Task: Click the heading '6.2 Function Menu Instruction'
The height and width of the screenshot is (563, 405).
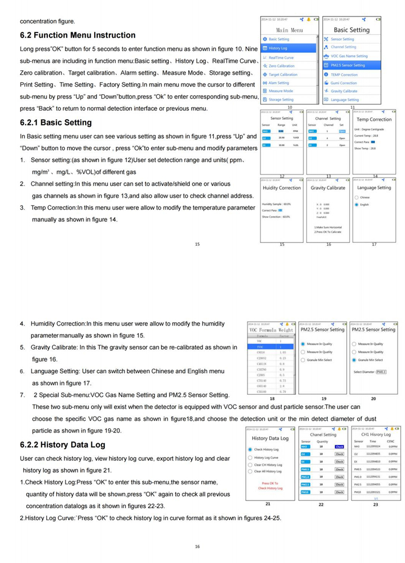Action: [78, 35]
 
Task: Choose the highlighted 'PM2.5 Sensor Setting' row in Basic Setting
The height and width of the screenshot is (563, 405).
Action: [348, 65]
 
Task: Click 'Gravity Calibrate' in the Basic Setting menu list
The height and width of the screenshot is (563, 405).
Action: [344, 91]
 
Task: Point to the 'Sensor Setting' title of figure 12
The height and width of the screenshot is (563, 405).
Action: [282, 119]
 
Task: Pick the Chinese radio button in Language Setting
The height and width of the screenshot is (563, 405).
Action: [357, 197]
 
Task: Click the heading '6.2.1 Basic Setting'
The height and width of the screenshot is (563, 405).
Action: [55, 123]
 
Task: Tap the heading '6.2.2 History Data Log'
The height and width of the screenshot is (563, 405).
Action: [62, 444]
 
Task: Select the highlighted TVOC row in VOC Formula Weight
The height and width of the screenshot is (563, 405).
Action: [271, 346]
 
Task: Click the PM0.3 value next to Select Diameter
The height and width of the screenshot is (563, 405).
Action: [381, 371]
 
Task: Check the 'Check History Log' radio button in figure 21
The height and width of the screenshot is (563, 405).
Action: [251, 449]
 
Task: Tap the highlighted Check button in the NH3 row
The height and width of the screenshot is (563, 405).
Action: [339, 447]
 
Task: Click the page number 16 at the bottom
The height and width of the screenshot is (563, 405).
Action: [197, 546]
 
